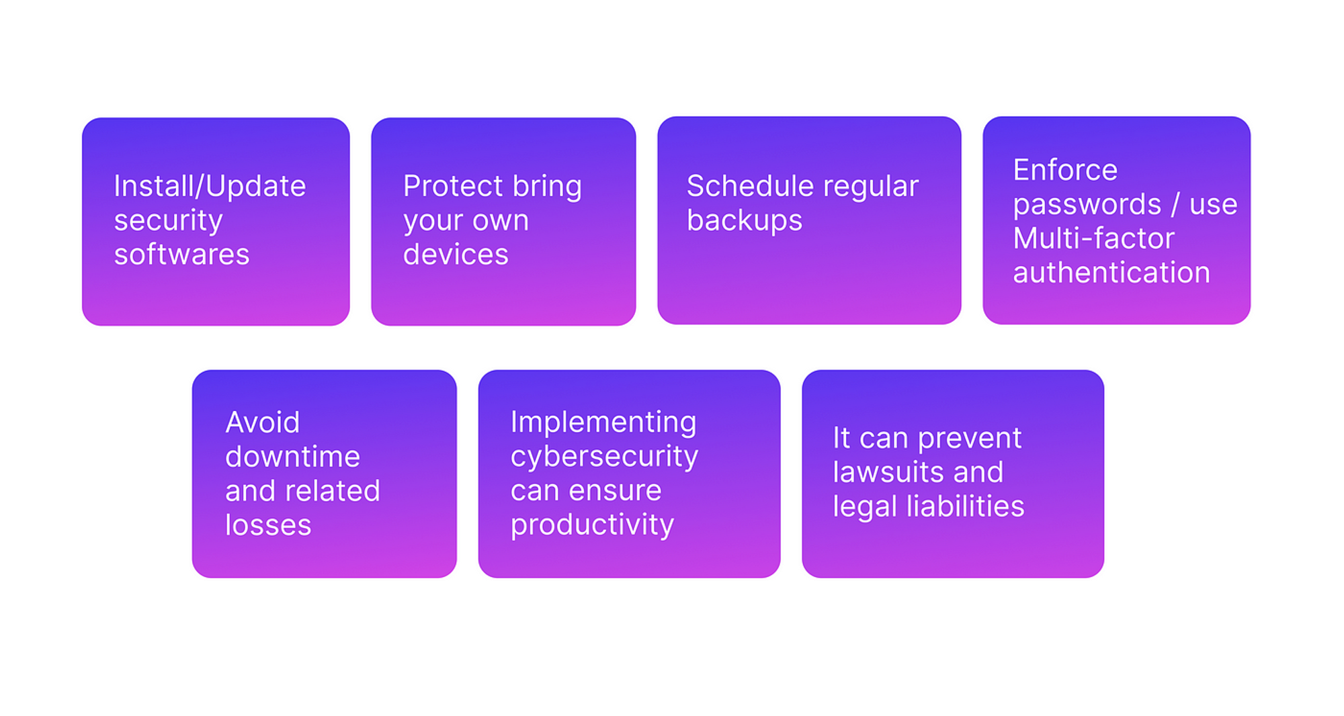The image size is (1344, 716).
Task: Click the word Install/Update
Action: (210, 186)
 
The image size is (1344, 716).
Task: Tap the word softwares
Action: (181, 255)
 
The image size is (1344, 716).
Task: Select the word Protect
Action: (453, 186)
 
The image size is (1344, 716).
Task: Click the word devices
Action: (456, 255)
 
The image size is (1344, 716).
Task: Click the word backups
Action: (745, 220)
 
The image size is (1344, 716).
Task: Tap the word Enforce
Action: (1065, 170)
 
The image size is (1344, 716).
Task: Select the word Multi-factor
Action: (1093, 238)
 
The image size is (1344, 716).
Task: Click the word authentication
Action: (1111, 273)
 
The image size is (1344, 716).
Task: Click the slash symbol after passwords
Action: (1175, 204)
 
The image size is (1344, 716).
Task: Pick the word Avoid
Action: (263, 422)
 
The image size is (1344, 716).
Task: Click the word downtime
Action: (292, 457)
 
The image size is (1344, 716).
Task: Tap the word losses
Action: (268, 525)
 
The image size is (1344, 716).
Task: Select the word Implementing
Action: (603, 422)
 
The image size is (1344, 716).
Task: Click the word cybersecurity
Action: (604, 457)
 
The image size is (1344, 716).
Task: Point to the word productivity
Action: (592, 525)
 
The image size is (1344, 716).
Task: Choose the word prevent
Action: (970, 439)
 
